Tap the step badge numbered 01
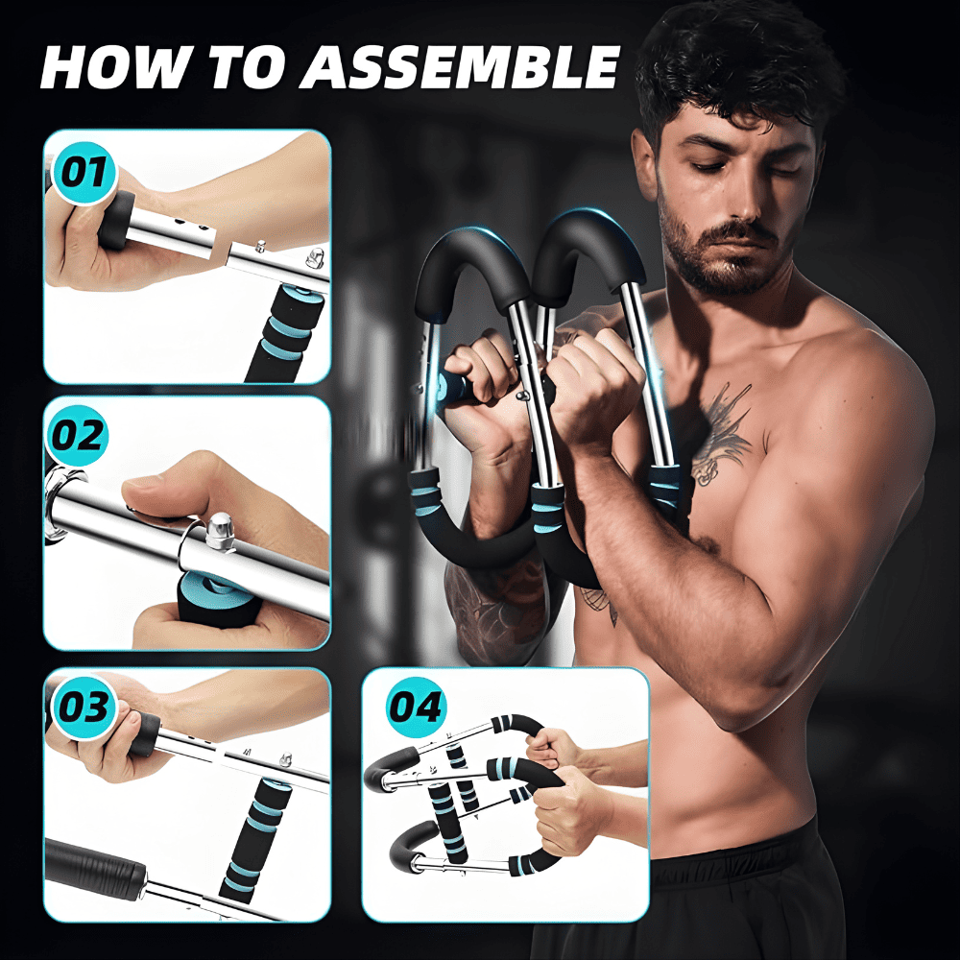click(84, 174)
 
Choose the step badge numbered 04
click(415, 707)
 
